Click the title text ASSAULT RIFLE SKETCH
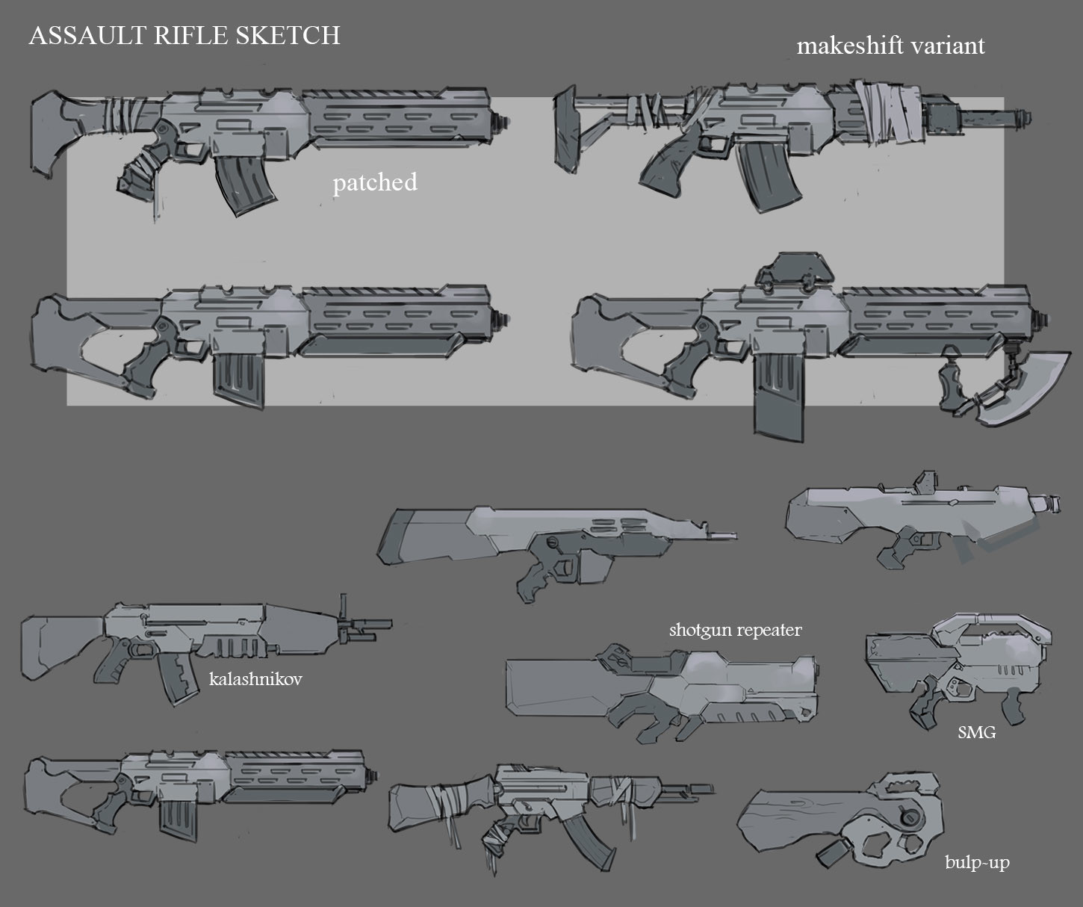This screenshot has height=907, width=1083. click(184, 35)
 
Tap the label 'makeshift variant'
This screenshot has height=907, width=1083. click(890, 46)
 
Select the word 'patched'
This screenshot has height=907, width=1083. click(374, 182)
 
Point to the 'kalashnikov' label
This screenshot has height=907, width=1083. click(255, 680)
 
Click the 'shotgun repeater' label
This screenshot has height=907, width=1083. click(735, 630)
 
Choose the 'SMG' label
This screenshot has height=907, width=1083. click(976, 733)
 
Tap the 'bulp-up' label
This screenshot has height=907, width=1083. click(976, 863)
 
